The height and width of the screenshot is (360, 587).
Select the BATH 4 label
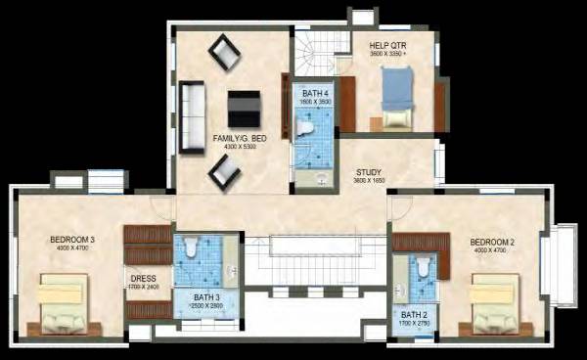coord(316,93)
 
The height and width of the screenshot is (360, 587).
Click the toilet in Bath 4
coord(304,127)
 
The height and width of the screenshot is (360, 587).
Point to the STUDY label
coord(368,171)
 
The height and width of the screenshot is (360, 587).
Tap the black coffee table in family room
coord(244,107)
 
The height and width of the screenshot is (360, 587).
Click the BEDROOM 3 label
coord(72,241)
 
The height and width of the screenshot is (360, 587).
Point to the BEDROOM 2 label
coord(492,242)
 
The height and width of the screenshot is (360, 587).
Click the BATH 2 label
coord(415,314)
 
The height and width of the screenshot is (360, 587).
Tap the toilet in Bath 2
coord(423,265)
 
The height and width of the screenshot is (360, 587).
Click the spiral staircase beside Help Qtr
coord(314,54)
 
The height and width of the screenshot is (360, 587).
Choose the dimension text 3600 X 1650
coord(368,181)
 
